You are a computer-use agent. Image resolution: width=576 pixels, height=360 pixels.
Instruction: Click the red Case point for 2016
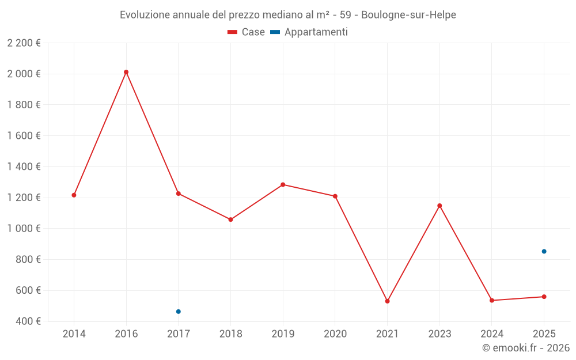coord(126,72)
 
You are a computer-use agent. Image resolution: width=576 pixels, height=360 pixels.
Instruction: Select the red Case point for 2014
coord(74,195)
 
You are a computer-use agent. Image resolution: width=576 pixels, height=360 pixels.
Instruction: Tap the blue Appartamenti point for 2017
coord(179,312)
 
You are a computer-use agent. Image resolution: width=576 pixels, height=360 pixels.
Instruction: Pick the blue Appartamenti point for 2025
coord(544,251)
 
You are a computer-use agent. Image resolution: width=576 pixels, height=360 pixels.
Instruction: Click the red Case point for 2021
coord(387,301)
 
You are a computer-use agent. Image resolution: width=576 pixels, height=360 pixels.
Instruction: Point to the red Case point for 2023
coord(439,206)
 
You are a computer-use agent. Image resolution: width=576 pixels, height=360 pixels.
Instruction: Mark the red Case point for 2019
coord(283,184)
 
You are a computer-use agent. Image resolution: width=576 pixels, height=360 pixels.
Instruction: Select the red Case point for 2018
coord(230,219)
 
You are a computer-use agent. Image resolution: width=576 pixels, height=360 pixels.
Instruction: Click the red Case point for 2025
coord(544,297)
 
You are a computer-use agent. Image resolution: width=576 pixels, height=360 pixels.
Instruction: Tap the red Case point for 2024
coord(492,300)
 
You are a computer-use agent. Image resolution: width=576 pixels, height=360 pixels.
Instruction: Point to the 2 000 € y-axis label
coord(24,74)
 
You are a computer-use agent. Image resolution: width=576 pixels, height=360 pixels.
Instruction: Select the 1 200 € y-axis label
coord(24,198)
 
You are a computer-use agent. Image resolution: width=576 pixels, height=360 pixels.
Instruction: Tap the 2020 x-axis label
coord(335,334)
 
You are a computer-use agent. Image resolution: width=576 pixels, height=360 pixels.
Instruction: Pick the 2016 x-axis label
coord(126,334)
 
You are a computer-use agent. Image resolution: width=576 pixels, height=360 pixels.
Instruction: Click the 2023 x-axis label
coord(439,334)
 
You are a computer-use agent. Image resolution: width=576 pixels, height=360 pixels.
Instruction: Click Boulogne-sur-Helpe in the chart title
coord(408,15)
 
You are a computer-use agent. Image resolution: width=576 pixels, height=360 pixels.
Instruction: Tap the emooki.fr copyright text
coord(526,348)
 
